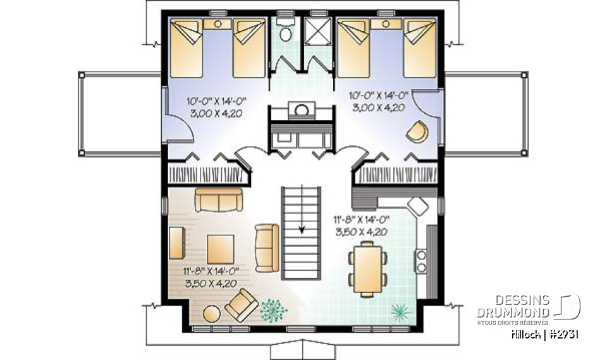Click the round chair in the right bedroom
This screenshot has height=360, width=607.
tap(416, 131)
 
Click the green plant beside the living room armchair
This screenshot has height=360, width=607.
tap(273, 308)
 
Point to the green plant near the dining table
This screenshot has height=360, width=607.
tap(400, 310)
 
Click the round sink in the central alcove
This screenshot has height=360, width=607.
tap(302, 110)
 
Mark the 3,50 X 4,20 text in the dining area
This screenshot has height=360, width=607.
tap(360, 232)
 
